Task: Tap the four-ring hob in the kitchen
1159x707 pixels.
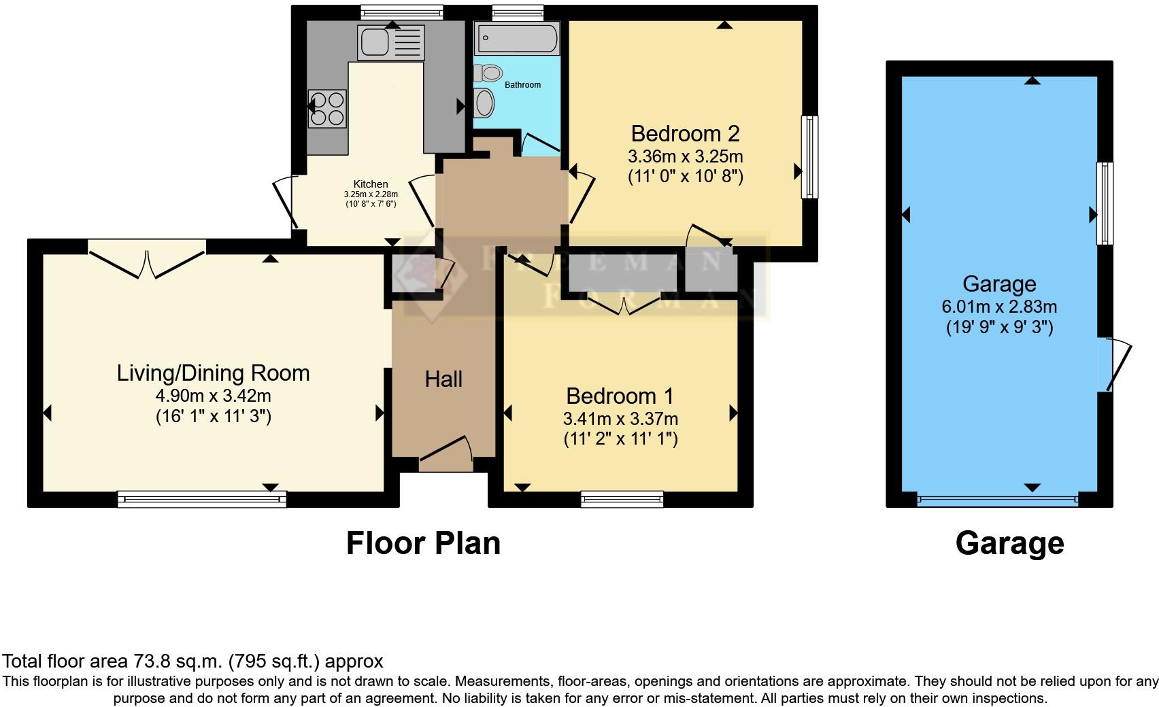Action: (x=326, y=109)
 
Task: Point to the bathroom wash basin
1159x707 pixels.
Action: (x=484, y=103)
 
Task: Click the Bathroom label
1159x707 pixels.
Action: (x=522, y=85)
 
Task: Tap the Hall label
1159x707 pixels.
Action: (x=443, y=379)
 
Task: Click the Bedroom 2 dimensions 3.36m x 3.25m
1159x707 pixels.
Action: (x=685, y=156)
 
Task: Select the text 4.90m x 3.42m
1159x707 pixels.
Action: (x=213, y=396)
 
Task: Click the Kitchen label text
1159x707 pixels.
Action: (x=371, y=184)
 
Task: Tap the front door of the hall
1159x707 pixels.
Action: (x=446, y=453)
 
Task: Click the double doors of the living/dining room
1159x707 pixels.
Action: (x=147, y=262)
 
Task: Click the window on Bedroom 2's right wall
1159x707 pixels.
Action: (x=809, y=157)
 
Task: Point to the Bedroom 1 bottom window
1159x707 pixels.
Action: (x=622, y=500)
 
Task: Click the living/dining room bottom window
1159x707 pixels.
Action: (x=202, y=500)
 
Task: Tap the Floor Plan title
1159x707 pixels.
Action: (x=423, y=543)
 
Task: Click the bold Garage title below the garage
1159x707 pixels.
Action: (x=1009, y=543)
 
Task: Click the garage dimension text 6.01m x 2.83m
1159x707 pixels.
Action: (x=998, y=307)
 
